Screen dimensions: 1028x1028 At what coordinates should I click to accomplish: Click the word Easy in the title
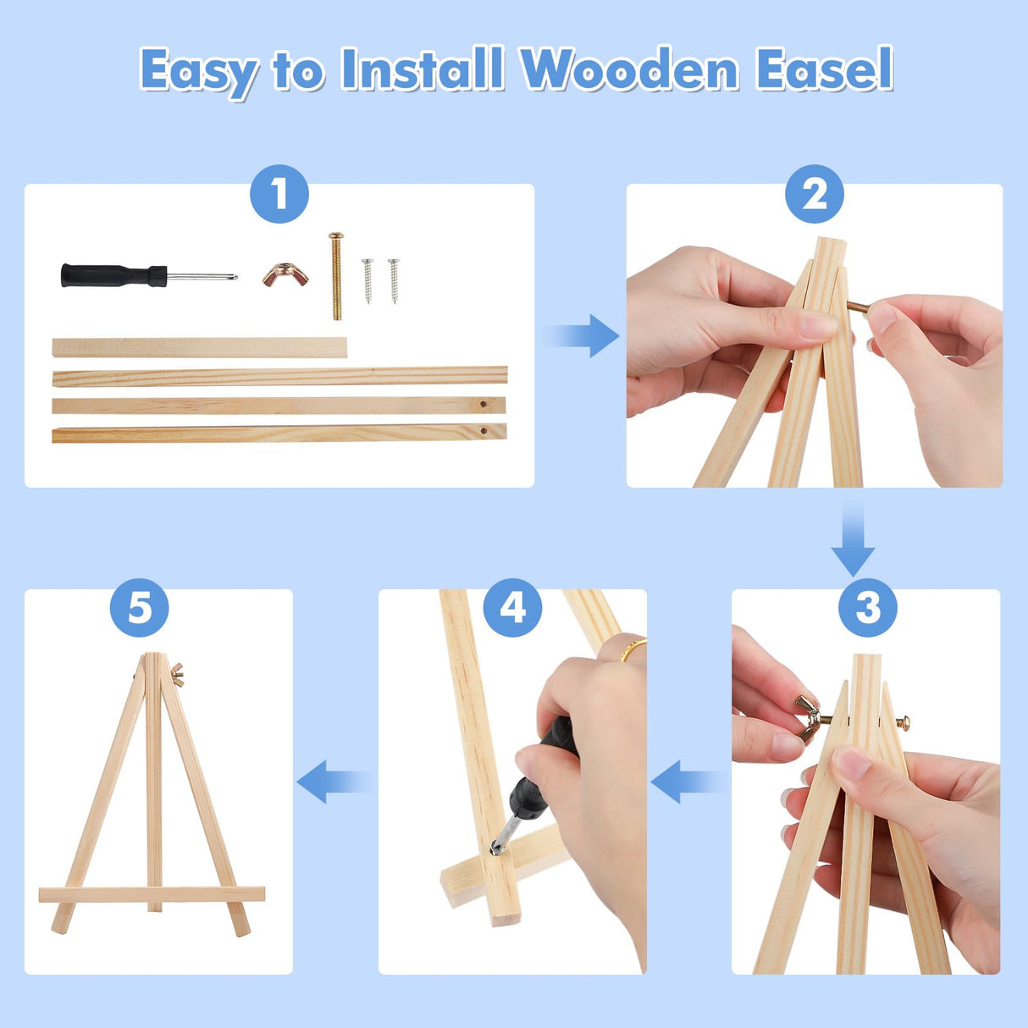199,69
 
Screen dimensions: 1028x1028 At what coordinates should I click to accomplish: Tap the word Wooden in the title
630,69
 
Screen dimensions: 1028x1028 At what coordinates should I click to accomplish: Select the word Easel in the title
824,69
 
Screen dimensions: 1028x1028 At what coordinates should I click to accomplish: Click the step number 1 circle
279,194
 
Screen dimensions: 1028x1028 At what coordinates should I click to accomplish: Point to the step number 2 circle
814,194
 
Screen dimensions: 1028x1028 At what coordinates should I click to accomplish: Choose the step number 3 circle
867,607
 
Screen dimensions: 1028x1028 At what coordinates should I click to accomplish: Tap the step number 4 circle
512,607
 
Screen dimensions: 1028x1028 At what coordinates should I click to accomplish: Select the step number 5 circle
140,607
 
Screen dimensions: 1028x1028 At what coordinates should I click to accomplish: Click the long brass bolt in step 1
336,276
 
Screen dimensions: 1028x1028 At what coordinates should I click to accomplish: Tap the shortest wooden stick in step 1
199,347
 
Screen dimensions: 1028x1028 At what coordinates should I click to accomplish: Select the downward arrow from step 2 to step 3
852,539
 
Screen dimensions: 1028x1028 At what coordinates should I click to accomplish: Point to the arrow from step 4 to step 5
334,781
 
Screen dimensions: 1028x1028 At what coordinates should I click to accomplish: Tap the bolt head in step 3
904,722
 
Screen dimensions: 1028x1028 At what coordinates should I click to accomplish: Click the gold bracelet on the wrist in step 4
632,649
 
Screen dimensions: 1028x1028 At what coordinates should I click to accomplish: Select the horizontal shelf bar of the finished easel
152,894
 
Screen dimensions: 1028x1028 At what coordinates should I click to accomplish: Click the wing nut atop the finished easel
177,675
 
